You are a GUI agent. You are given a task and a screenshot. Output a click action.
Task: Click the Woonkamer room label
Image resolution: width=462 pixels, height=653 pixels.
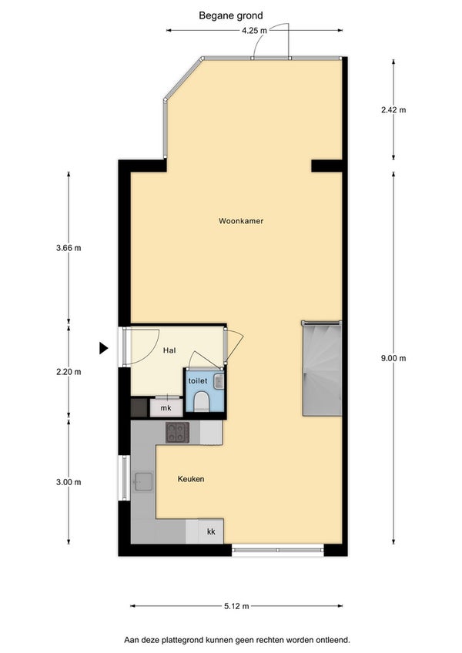click(x=241, y=221)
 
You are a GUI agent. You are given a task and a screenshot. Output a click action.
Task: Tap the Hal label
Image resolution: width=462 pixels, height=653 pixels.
click(x=169, y=350)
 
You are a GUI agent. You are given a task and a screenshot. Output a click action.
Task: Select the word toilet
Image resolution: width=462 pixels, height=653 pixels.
click(x=197, y=380)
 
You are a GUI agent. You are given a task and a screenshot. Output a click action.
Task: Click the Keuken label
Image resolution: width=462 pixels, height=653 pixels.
click(x=191, y=479)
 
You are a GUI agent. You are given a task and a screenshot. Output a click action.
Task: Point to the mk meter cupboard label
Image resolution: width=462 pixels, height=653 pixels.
click(x=166, y=408)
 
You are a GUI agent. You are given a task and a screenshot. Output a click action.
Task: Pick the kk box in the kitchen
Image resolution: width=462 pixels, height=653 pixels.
click(x=211, y=531)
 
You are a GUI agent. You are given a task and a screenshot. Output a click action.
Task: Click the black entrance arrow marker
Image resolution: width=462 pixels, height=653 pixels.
click(x=104, y=348)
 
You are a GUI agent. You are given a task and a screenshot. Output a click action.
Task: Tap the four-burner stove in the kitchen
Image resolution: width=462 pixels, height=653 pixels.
click(x=177, y=432)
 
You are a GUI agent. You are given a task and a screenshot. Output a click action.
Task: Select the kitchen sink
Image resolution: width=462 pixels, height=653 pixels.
click(x=143, y=482)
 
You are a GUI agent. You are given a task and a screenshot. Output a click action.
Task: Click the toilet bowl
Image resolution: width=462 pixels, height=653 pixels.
click(x=202, y=401)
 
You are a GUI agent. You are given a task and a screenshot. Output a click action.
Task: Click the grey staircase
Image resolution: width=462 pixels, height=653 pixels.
click(x=322, y=368)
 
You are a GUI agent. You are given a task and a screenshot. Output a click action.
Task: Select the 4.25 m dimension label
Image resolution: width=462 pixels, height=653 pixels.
click(x=254, y=30)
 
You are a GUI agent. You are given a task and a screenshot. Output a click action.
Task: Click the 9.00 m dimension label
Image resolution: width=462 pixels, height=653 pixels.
click(x=393, y=358)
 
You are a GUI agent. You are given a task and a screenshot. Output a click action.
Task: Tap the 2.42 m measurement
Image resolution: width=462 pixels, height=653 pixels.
click(x=393, y=110)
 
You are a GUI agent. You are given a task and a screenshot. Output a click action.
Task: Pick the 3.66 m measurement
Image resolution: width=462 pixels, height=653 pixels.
click(x=69, y=248)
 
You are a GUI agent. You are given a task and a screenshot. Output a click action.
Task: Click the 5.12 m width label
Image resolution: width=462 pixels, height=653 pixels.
click(x=236, y=606)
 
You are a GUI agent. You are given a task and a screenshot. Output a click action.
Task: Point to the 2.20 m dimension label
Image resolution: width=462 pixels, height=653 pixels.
click(x=69, y=372)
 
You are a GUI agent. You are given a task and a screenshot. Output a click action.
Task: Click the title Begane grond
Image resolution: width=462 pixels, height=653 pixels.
click(x=231, y=16)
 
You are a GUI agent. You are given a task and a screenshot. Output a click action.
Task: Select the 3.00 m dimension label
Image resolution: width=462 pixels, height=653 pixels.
click(x=69, y=482)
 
